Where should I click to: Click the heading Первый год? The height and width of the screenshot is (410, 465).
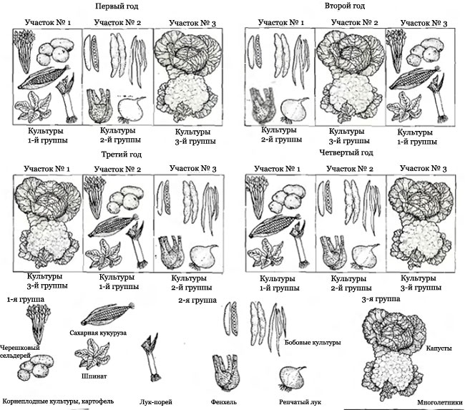click(x=117, y=6)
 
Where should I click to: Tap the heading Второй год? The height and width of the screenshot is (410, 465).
click(x=345, y=6)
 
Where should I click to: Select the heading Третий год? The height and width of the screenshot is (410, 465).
click(x=122, y=155)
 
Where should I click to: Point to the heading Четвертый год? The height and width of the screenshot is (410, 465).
click(x=346, y=152)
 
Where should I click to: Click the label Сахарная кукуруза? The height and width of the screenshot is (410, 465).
click(x=98, y=333)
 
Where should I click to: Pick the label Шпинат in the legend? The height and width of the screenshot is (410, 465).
click(x=94, y=376)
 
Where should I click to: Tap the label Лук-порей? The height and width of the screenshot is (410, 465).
click(x=156, y=402)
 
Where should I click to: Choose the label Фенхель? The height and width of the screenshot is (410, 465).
click(x=224, y=402)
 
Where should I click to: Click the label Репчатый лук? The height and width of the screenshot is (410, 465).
click(x=300, y=402)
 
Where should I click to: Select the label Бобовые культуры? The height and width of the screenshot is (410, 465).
click(x=313, y=343)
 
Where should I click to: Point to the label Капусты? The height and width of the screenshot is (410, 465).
click(x=439, y=348)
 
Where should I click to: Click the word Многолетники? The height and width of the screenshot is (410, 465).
click(x=440, y=403)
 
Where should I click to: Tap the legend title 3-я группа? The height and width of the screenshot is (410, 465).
click(x=381, y=299)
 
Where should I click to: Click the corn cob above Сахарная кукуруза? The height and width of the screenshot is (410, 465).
click(x=107, y=314)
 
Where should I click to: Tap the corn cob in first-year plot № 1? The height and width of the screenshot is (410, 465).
click(x=44, y=77)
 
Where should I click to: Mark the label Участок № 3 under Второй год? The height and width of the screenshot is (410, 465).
click(x=424, y=23)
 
